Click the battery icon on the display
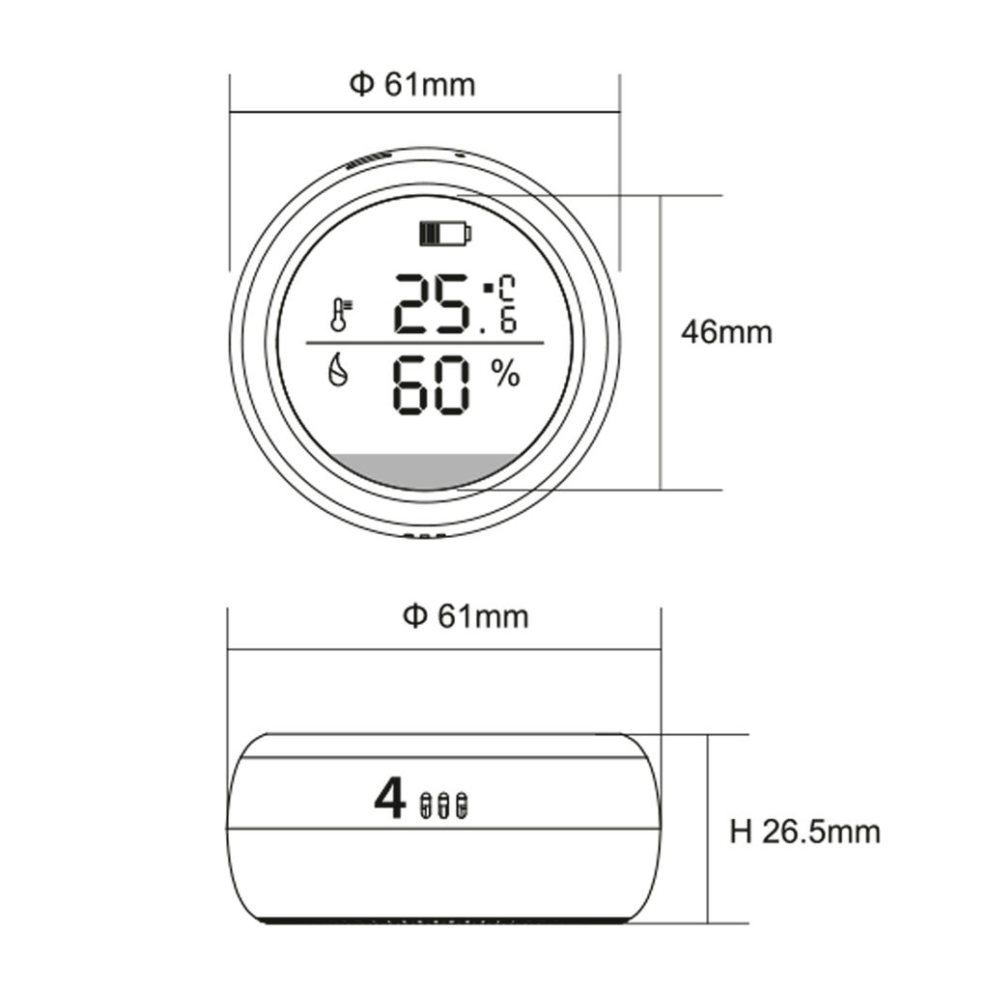446,234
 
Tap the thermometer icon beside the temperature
341,316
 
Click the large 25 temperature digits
432,304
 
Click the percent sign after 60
505,376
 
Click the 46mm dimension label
726,332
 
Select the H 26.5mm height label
805,832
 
